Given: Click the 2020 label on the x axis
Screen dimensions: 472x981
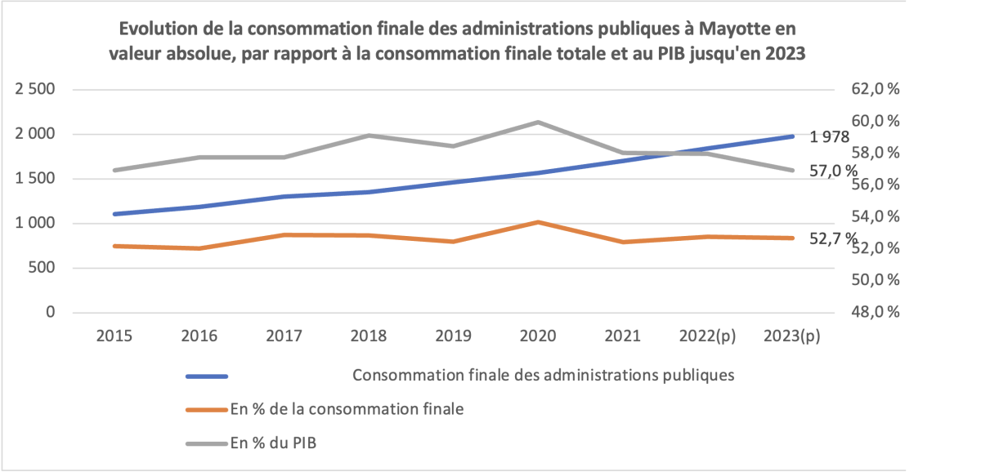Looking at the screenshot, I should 539,336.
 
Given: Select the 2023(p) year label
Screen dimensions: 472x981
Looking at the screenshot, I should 791,336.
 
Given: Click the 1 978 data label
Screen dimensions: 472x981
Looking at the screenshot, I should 830,137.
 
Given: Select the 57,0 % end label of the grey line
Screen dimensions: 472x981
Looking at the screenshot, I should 834,171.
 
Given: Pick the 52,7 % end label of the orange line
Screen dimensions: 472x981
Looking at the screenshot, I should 834,238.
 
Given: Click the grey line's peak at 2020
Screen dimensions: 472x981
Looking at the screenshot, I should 539,122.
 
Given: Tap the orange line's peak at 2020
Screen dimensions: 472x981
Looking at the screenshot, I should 539,222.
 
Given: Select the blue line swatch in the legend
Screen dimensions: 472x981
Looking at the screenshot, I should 207,376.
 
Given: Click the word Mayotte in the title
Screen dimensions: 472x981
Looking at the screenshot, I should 729,29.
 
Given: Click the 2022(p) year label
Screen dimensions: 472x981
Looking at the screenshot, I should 706,336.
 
